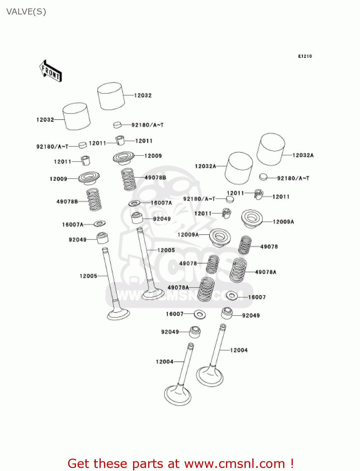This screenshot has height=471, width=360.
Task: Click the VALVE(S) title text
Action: tap(26, 12)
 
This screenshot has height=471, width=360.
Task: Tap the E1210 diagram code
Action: tap(305, 56)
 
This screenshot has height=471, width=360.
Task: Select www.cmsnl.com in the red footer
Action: tap(234, 463)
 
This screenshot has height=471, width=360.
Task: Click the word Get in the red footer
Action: tap(79, 463)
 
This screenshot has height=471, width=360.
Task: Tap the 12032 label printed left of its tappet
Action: tap(45, 120)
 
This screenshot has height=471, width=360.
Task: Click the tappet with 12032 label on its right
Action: tap(111, 96)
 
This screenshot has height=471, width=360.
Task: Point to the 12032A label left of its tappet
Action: tap(206, 166)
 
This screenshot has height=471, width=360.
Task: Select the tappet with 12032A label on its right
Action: tap(271, 149)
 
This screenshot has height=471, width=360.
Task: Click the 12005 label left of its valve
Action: tap(88, 276)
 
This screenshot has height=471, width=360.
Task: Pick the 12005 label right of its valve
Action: tap(166, 250)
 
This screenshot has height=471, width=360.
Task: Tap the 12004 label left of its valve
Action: tap(164, 362)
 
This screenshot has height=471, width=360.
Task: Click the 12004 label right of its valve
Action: tap(239, 350)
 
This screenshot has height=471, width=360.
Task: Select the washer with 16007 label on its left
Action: tap(200, 314)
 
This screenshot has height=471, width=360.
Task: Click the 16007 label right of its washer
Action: tap(257, 297)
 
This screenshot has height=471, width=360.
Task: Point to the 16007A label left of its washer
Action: tap(73, 225)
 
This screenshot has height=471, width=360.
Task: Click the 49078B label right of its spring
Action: tap(155, 177)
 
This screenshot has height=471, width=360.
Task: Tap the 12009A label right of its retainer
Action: tap(283, 222)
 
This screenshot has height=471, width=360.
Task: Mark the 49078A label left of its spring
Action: tap(178, 287)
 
